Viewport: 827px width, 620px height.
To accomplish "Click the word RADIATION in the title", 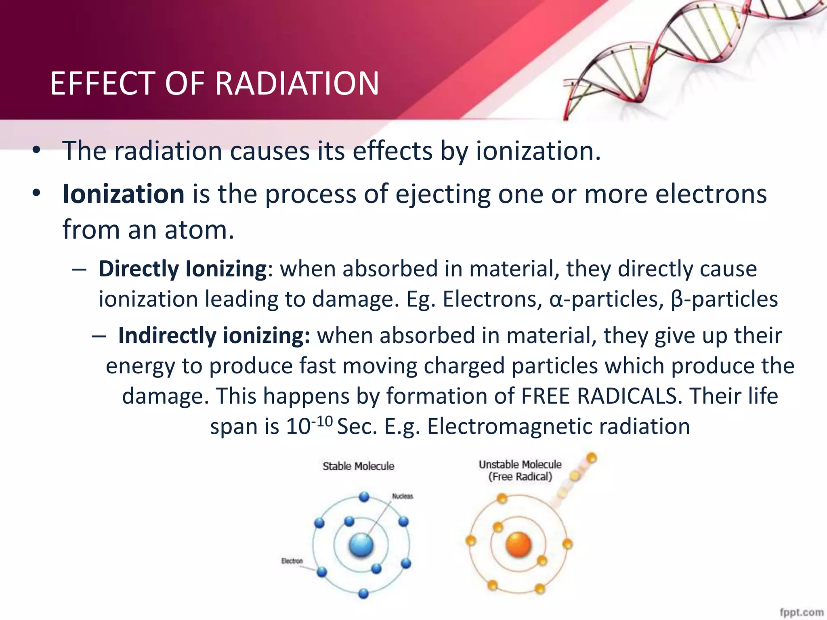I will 297,84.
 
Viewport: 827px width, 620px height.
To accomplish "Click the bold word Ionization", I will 124,194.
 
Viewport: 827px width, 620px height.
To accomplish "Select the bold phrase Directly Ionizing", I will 183,269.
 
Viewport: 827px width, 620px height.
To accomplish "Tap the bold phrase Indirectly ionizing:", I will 214,336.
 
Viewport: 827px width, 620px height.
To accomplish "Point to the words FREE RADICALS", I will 599,396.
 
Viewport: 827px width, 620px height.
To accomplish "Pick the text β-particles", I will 724,300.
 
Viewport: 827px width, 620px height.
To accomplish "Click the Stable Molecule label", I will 358,466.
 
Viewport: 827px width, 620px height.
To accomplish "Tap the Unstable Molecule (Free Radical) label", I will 520,471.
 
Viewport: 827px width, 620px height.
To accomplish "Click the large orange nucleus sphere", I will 518,545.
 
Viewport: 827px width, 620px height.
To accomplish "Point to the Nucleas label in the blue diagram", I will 403,496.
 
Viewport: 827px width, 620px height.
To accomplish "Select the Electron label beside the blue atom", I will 292,561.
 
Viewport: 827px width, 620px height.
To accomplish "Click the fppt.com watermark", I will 801,612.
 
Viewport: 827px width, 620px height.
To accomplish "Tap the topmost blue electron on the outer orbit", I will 364,496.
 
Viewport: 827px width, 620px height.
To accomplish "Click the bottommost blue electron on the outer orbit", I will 363,593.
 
